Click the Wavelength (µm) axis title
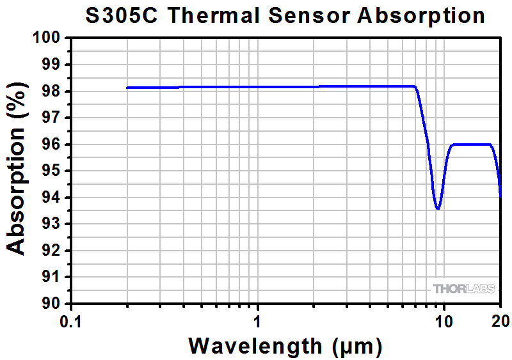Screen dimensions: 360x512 [284, 346]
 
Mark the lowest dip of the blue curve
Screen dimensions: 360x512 [438, 208]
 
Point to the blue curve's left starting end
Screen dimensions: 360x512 [127, 88]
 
